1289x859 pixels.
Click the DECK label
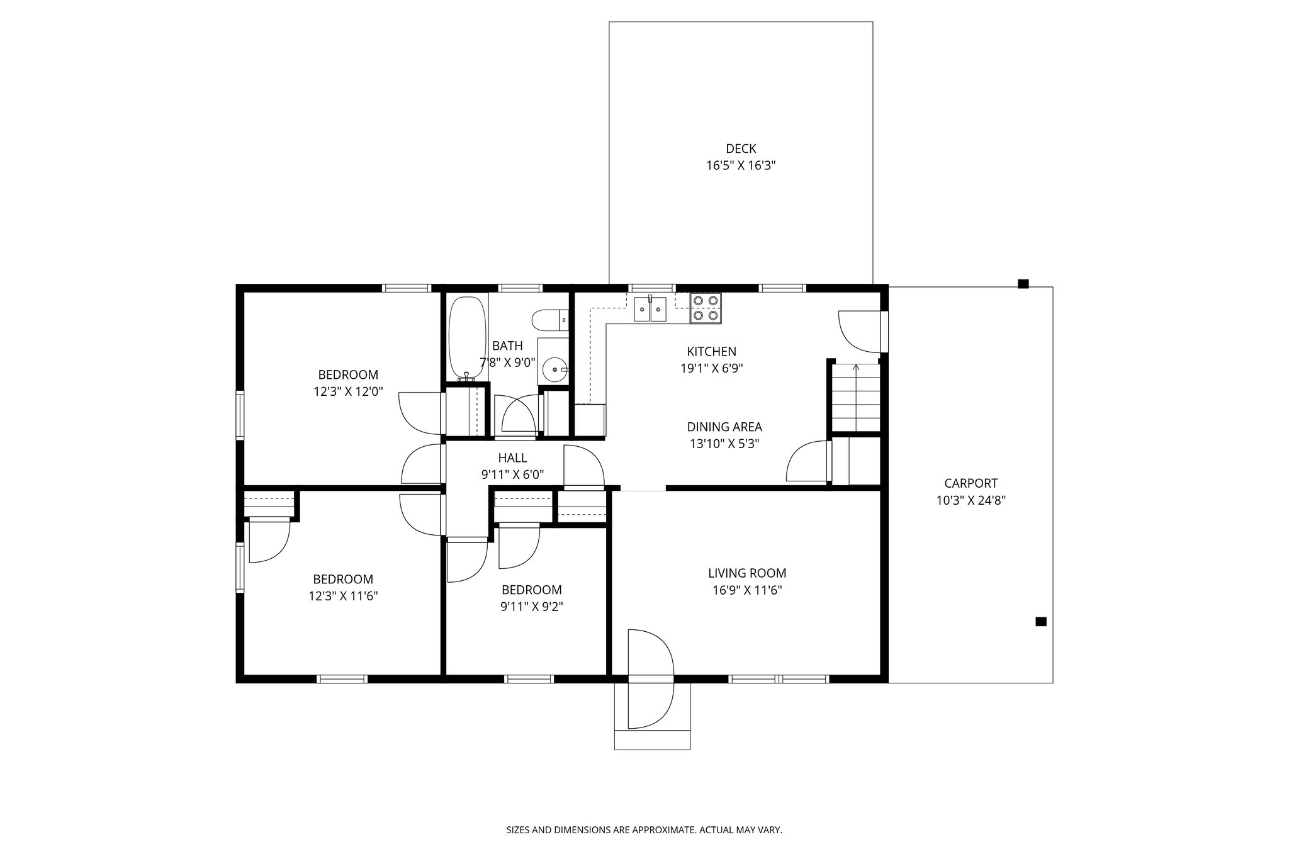point(741,149)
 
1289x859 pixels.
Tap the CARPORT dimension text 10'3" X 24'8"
point(971,501)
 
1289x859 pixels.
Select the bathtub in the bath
point(467,338)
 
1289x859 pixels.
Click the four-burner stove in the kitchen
point(705,308)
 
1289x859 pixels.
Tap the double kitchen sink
point(650,309)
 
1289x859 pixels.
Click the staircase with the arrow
point(855,398)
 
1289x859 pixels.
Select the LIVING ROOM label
point(747,573)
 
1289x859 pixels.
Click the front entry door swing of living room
point(651,654)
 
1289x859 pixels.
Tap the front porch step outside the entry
point(652,739)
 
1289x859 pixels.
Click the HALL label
point(512,458)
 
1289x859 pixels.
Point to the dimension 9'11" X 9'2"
point(531,607)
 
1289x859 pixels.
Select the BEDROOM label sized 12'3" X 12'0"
point(348,375)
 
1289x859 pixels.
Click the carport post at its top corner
point(1023,284)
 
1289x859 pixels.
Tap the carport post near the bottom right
point(1041,622)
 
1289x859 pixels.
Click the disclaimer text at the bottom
point(644,830)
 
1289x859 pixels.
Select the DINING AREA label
point(724,427)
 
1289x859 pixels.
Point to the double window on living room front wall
point(779,679)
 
